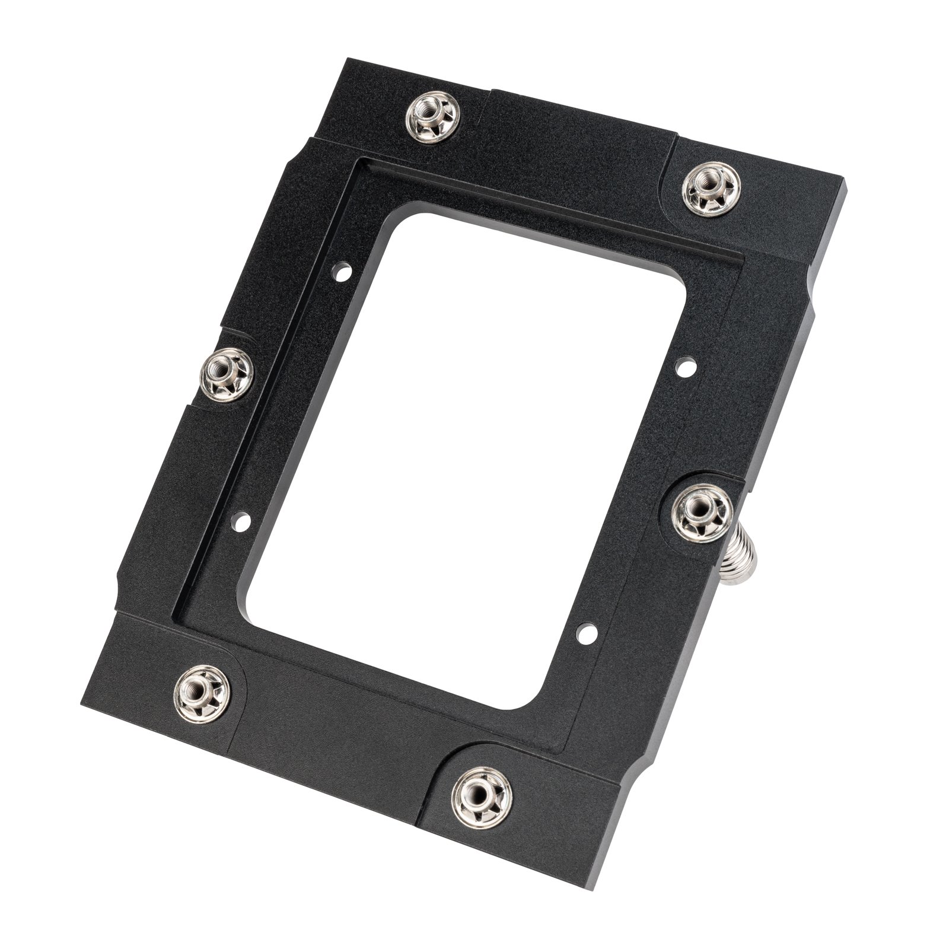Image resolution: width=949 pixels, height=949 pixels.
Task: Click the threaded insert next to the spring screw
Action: point(702,511)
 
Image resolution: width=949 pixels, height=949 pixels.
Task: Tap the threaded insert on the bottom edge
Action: point(481,794)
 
